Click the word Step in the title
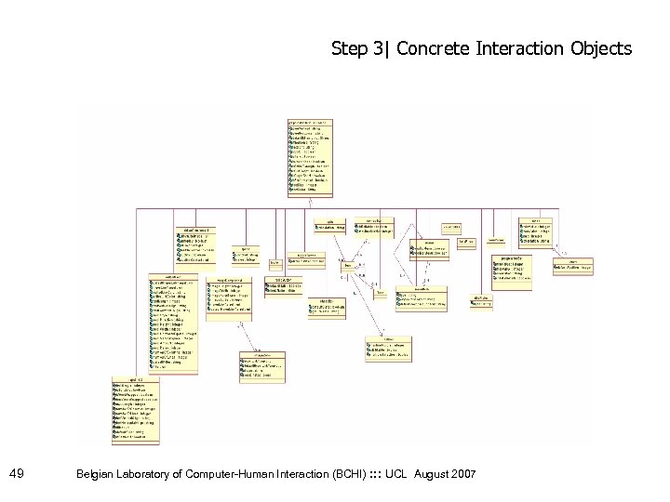[349, 48]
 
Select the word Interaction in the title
[526, 48]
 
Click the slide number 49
[16, 475]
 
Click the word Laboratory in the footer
[153, 475]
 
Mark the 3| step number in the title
[380, 48]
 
